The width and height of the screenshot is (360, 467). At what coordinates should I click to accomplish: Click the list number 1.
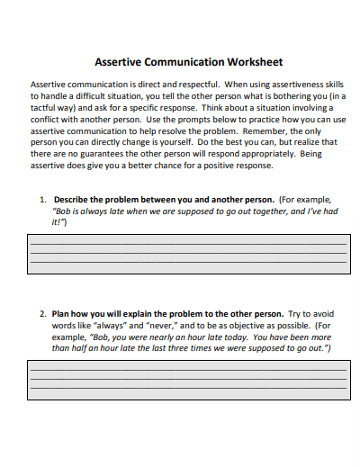tap(42, 199)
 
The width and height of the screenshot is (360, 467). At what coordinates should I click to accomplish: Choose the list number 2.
tap(42, 314)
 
